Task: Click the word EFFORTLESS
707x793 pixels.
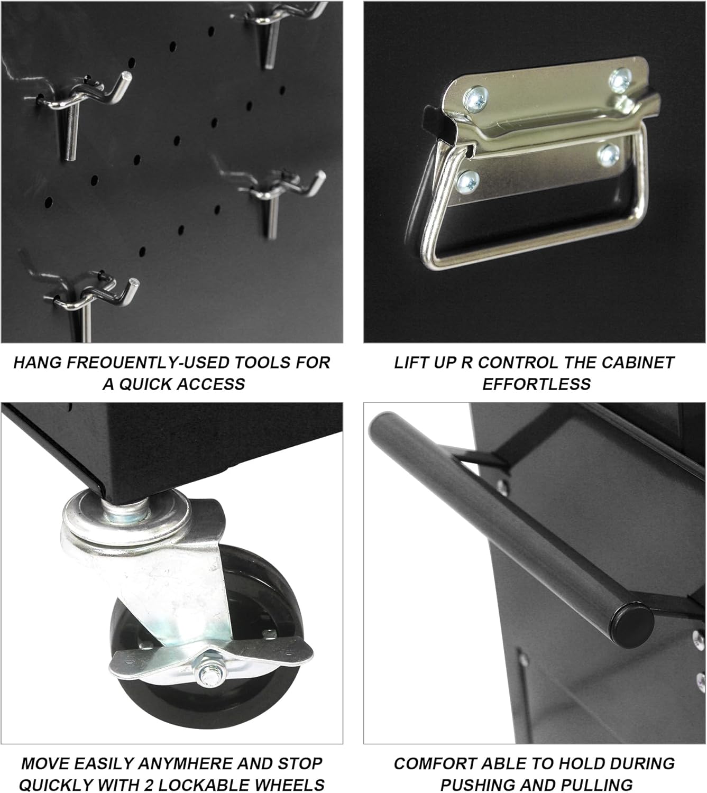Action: pyautogui.click(x=536, y=384)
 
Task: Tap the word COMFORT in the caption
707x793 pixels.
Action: pyautogui.click(x=435, y=763)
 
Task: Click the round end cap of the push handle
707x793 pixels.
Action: pyautogui.click(x=633, y=625)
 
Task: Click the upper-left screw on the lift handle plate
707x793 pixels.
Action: pyautogui.click(x=475, y=98)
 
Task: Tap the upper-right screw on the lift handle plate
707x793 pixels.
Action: pyautogui.click(x=621, y=80)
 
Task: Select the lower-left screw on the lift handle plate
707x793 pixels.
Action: pyautogui.click(x=468, y=182)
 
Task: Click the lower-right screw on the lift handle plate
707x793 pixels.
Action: pyautogui.click(x=608, y=155)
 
